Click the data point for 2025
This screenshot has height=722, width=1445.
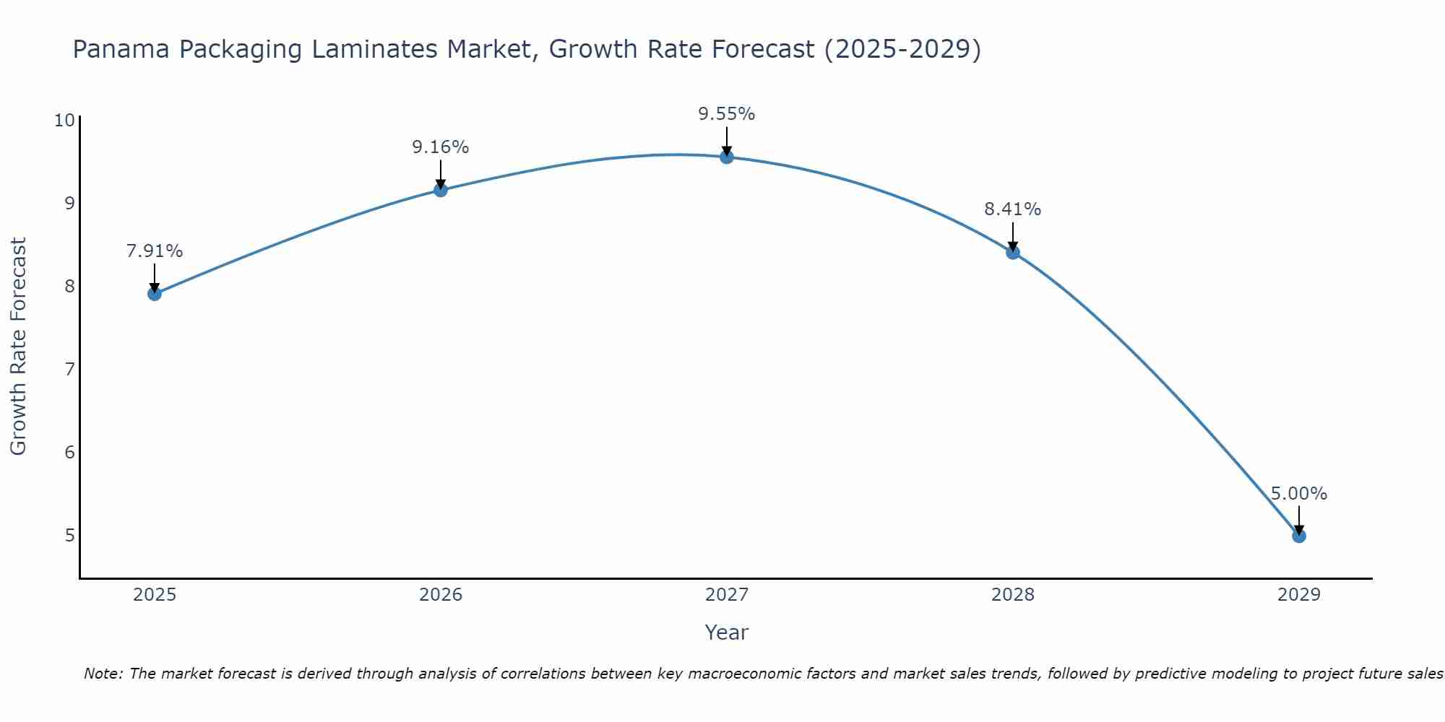click(154, 293)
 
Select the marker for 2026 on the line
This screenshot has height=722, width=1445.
click(440, 190)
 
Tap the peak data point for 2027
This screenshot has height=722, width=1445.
click(727, 157)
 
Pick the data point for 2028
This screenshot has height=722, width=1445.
click(1013, 252)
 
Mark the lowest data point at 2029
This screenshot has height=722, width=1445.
click(1298, 536)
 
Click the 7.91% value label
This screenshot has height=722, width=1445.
click(154, 251)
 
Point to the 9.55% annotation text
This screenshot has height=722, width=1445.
click(726, 114)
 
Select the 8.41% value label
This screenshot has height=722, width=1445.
click(1012, 209)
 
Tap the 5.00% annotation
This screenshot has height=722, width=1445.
click(1298, 494)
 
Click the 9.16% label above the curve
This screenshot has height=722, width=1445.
click(440, 147)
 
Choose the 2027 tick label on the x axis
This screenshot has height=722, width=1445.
click(727, 595)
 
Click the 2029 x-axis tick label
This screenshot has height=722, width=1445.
click(1298, 595)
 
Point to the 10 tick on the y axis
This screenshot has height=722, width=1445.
click(64, 120)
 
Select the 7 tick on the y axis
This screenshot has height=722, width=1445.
click(69, 370)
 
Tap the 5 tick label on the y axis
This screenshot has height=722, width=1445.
click(69, 536)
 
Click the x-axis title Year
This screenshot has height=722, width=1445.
click(726, 632)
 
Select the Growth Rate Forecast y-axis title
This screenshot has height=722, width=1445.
click(18, 347)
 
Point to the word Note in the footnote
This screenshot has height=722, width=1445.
click(104, 674)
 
